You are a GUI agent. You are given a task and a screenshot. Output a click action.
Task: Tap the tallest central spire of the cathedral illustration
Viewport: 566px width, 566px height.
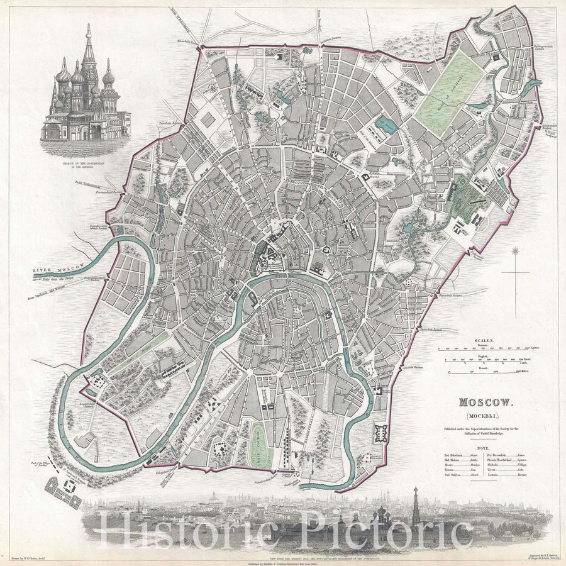click(89, 47)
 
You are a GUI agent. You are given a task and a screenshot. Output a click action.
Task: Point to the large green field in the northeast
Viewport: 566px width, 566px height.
click(445, 94)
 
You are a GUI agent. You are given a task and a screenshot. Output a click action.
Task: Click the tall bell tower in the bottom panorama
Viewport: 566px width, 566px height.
click(416, 506)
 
